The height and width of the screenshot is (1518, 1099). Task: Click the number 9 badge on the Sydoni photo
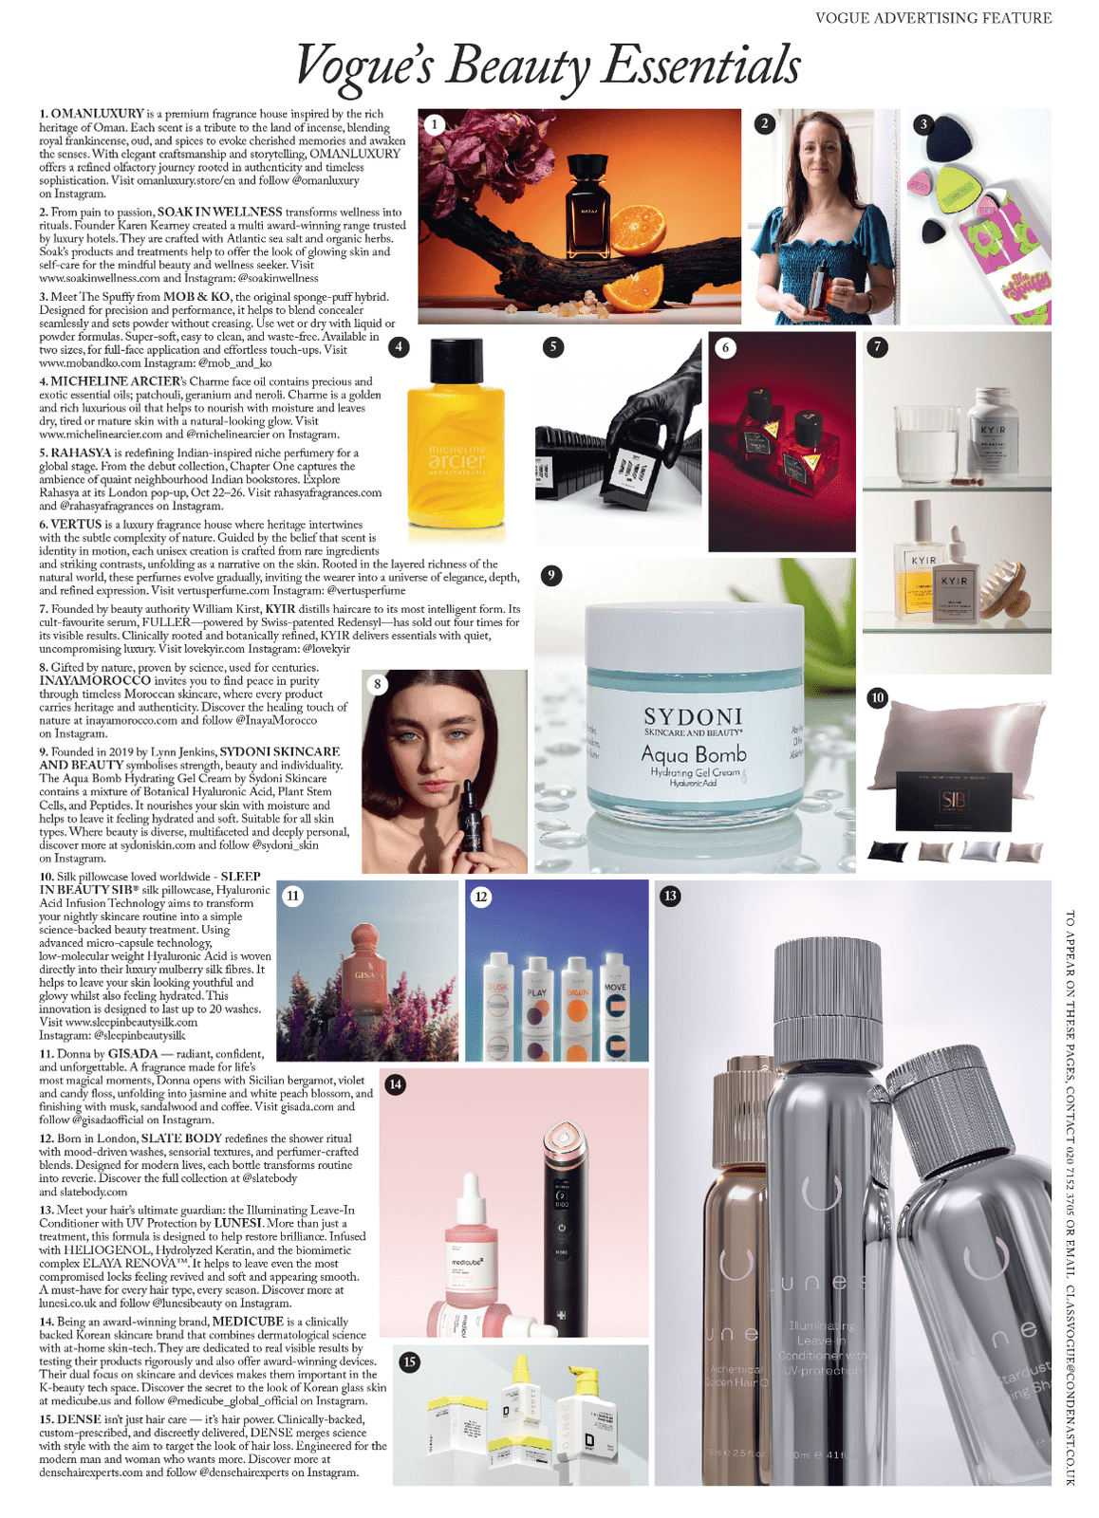tap(550, 575)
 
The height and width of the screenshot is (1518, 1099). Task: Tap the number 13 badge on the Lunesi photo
tap(670, 895)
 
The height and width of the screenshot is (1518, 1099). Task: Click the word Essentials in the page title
tap(702, 65)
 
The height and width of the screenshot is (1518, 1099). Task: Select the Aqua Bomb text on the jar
tap(693, 754)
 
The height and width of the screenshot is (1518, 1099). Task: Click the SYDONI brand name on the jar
tap(693, 716)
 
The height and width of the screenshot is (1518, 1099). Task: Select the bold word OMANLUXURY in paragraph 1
tap(98, 114)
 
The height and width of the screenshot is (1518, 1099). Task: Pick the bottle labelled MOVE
tap(615, 1009)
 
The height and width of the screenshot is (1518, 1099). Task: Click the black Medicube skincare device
tap(562, 1224)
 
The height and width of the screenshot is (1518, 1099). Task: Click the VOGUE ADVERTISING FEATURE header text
tap(933, 18)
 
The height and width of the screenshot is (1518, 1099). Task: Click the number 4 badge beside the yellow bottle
tap(400, 347)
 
